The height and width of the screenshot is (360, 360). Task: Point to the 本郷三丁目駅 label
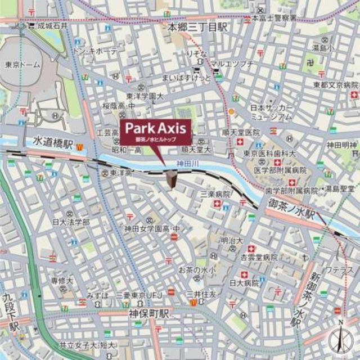click(191, 26)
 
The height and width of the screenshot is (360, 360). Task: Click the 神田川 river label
click(186, 163)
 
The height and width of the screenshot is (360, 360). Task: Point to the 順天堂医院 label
click(241, 132)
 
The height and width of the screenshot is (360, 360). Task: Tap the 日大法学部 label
click(71, 222)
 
